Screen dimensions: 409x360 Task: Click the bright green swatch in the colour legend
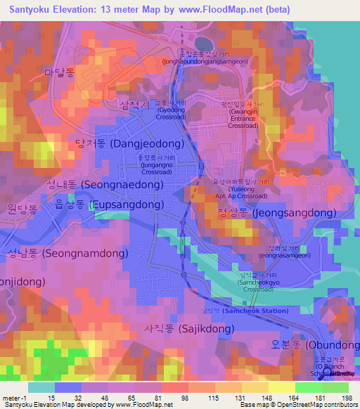[x=308, y=387]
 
